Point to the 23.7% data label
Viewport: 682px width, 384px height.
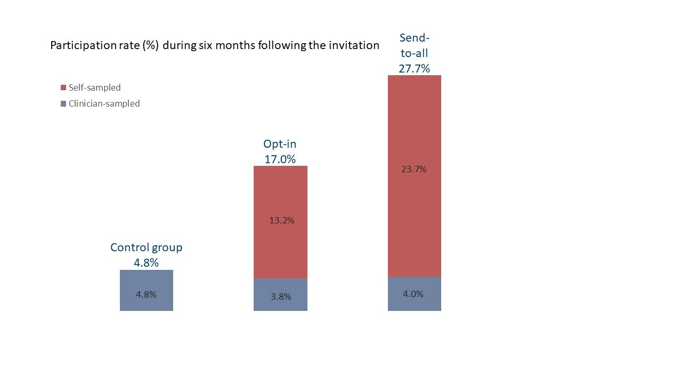point(414,170)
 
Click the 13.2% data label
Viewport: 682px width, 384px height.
point(281,220)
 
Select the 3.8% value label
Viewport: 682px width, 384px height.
point(281,297)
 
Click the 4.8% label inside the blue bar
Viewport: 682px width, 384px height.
point(146,294)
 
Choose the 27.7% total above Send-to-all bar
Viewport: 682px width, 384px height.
point(414,68)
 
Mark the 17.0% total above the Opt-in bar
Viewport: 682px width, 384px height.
point(280,159)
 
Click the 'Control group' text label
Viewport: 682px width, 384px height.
point(146,247)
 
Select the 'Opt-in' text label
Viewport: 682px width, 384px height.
point(280,144)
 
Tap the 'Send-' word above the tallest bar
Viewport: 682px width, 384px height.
point(414,38)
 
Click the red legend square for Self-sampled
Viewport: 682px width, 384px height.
point(63,87)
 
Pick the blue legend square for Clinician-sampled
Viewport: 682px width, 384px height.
point(63,104)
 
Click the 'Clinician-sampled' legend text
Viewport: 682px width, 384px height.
point(104,104)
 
